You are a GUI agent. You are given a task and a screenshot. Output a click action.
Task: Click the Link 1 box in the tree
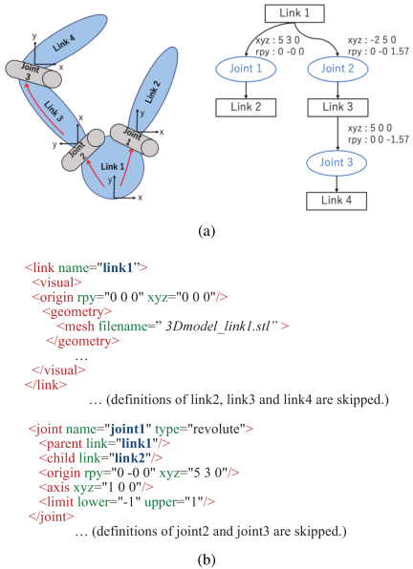tap(294, 13)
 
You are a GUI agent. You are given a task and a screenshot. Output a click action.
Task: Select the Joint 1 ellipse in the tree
tap(246, 69)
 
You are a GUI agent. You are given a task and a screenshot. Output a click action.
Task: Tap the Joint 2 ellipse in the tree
tap(337, 69)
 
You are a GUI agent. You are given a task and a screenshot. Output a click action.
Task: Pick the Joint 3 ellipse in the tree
tap(337, 162)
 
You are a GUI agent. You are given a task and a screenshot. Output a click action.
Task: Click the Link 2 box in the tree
tap(246, 108)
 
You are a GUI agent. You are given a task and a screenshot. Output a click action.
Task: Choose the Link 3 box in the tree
tap(337, 108)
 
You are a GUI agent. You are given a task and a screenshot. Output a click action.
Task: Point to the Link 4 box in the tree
tap(337, 200)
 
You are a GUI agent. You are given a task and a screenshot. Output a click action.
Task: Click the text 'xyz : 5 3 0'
tap(277, 40)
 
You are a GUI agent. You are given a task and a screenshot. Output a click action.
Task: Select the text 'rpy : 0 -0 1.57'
tap(379, 52)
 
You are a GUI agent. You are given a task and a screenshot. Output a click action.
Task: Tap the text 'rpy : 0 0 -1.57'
tap(379, 139)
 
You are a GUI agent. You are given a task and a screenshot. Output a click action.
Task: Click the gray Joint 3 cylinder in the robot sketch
tap(33, 74)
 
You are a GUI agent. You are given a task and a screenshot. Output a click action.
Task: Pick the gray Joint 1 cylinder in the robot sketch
tap(134, 140)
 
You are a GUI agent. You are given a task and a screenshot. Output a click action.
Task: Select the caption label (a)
tap(206, 231)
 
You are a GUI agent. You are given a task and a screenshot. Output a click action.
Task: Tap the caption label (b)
tap(206, 559)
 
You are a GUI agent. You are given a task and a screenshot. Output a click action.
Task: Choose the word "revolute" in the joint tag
tap(216, 429)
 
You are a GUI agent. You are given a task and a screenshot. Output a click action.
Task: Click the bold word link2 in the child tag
tap(130, 458)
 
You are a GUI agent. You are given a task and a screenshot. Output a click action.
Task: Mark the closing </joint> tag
tap(52, 516)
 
